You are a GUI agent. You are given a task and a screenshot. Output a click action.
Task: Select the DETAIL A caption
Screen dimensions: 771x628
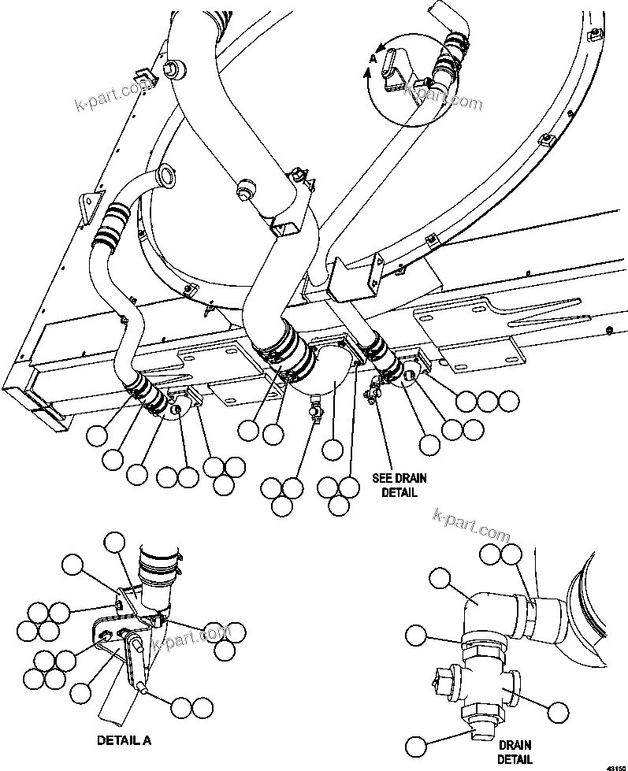tap(124, 740)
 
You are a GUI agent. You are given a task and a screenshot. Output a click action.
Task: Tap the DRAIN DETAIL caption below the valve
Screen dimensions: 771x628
tap(515, 751)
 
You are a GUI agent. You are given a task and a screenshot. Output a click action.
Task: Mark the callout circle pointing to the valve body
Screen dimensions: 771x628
tap(559, 713)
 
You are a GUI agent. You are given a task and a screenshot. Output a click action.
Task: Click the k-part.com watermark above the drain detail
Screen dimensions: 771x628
tap(471, 517)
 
